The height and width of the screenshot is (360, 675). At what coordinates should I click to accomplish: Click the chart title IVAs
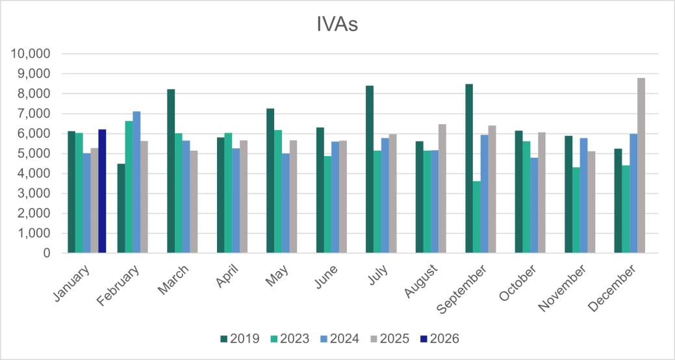tap(337, 25)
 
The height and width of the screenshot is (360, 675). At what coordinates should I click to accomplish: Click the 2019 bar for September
tap(469, 168)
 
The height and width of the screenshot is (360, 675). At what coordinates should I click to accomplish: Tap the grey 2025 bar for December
tap(641, 166)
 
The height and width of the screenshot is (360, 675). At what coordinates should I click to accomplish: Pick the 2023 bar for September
tap(477, 217)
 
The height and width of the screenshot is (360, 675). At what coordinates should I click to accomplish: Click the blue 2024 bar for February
tap(136, 182)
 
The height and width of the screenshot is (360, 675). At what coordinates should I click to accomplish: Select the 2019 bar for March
tap(171, 171)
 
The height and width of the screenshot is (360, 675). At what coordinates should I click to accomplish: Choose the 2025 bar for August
tap(442, 188)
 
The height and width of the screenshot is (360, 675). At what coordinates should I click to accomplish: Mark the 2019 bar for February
tap(121, 208)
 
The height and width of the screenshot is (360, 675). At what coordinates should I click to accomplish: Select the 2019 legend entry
tap(240, 339)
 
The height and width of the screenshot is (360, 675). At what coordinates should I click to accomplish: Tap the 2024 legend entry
tap(340, 339)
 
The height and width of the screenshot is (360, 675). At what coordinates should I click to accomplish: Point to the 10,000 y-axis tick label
tap(31, 54)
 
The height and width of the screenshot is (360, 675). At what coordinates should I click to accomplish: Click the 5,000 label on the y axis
tap(34, 154)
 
